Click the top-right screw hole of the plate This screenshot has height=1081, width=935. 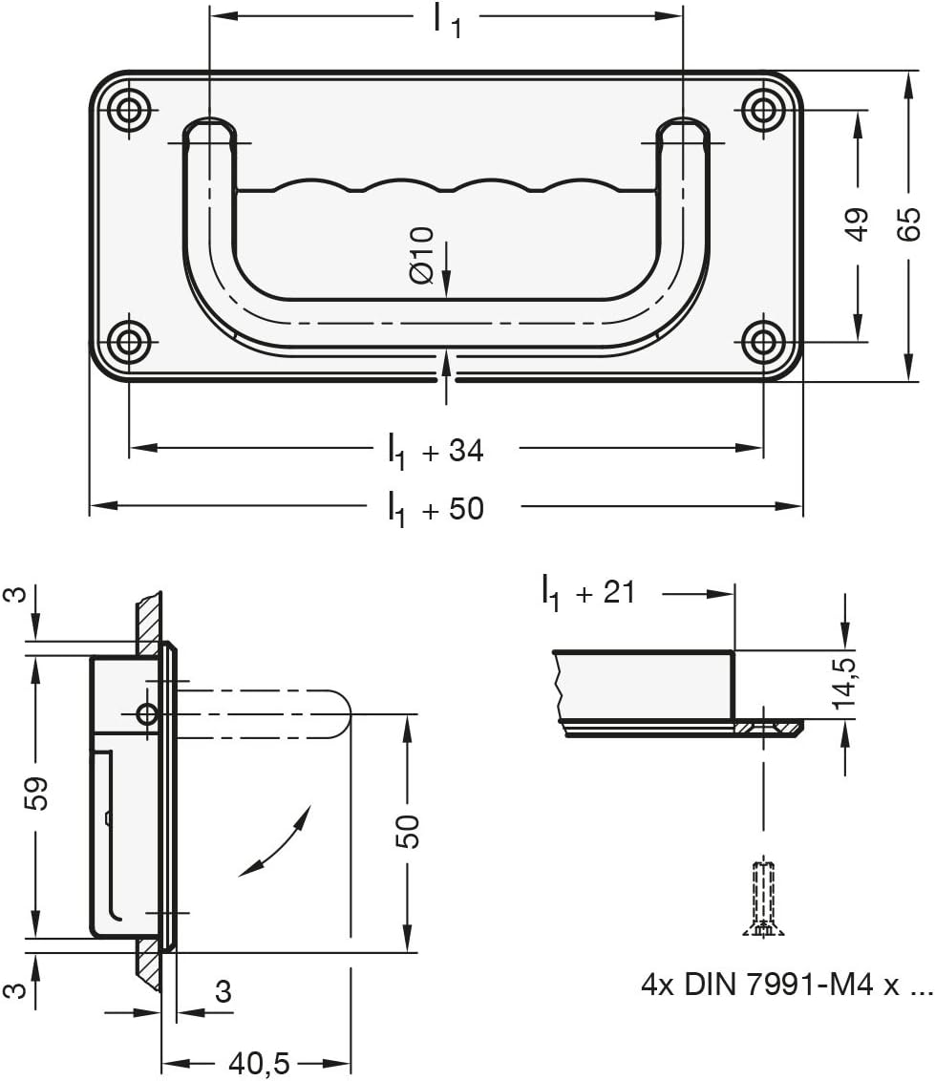[x=763, y=110]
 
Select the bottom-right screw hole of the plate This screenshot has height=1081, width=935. [x=763, y=341]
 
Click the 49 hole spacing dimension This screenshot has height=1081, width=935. [x=858, y=223]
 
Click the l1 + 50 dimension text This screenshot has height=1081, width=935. [x=436, y=507]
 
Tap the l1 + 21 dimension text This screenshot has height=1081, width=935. [x=587, y=594]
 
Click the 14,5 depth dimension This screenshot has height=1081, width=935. [x=843, y=683]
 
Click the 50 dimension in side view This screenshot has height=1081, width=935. [x=408, y=831]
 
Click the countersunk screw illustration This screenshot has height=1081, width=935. [x=763, y=898]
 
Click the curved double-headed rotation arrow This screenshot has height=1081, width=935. [x=276, y=840]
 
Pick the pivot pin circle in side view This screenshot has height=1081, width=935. [x=147, y=713]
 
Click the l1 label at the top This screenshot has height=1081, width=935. [x=446, y=19]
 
